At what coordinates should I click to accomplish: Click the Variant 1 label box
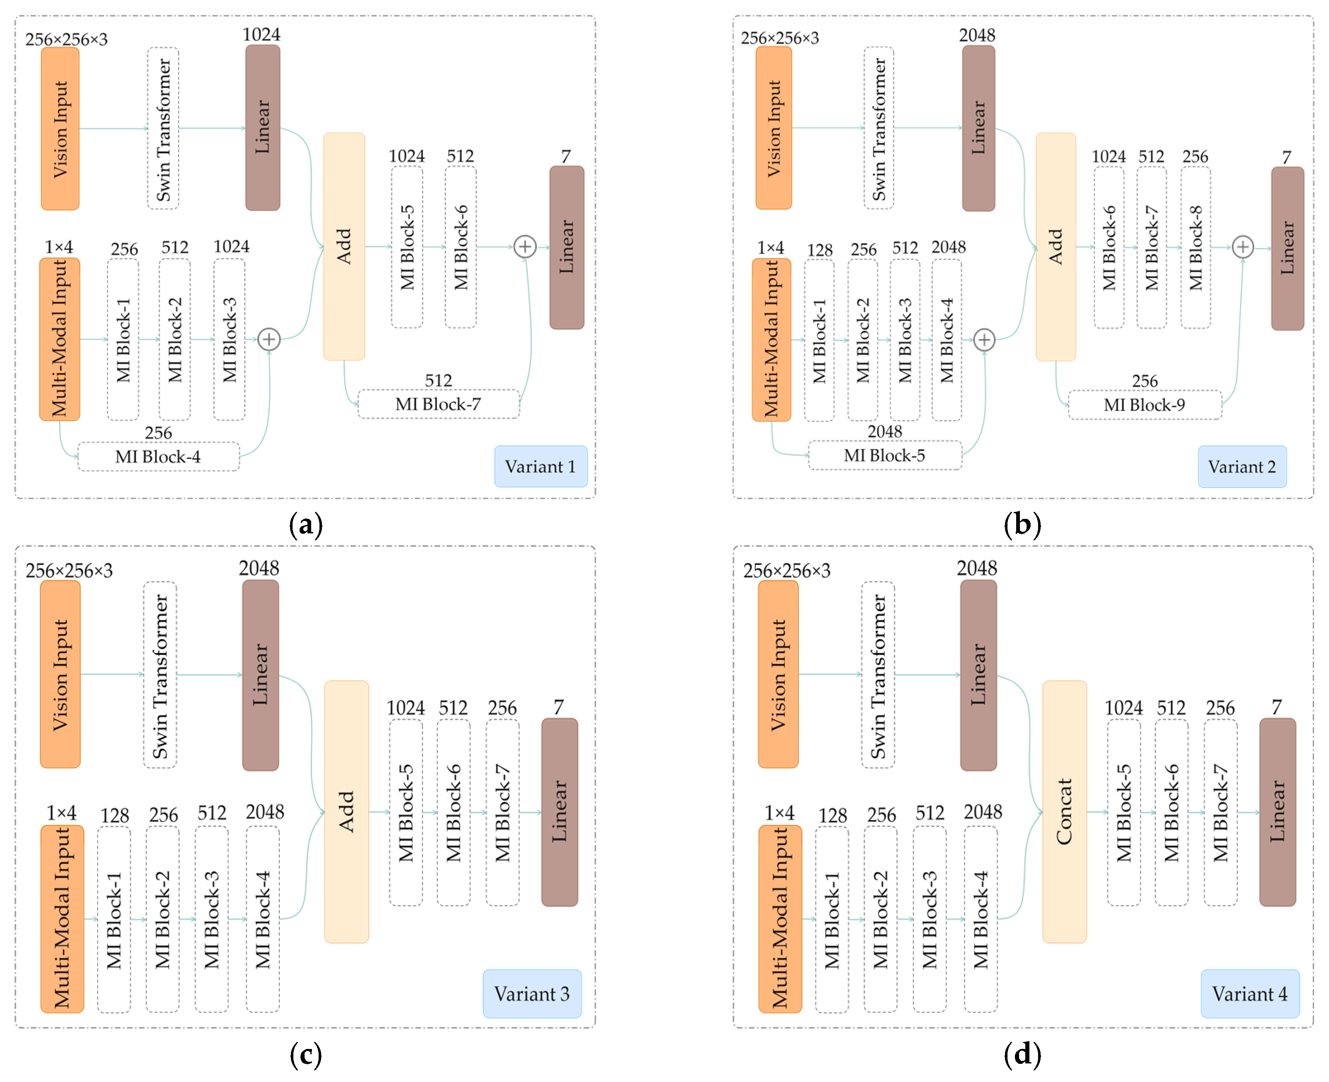click(x=541, y=466)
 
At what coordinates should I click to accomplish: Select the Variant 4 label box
click(x=1249, y=994)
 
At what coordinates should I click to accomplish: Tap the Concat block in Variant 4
click(x=1064, y=811)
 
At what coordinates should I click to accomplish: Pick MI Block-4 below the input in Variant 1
click(x=158, y=457)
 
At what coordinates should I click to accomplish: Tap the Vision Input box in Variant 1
click(x=60, y=129)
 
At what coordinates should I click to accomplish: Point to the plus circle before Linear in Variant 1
click(x=525, y=247)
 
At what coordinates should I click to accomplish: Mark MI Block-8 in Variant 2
click(x=1195, y=247)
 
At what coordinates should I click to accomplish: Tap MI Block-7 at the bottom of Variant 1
click(x=438, y=404)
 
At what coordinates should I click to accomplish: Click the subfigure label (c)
click(x=305, y=1055)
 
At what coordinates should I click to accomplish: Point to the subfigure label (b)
click(x=1022, y=525)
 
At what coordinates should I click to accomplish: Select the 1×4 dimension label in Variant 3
click(x=61, y=813)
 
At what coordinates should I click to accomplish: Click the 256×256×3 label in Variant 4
click(x=787, y=570)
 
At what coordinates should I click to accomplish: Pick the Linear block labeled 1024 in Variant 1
click(x=262, y=128)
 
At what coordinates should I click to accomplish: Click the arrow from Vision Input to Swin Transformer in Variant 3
click(x=112, y=674)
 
